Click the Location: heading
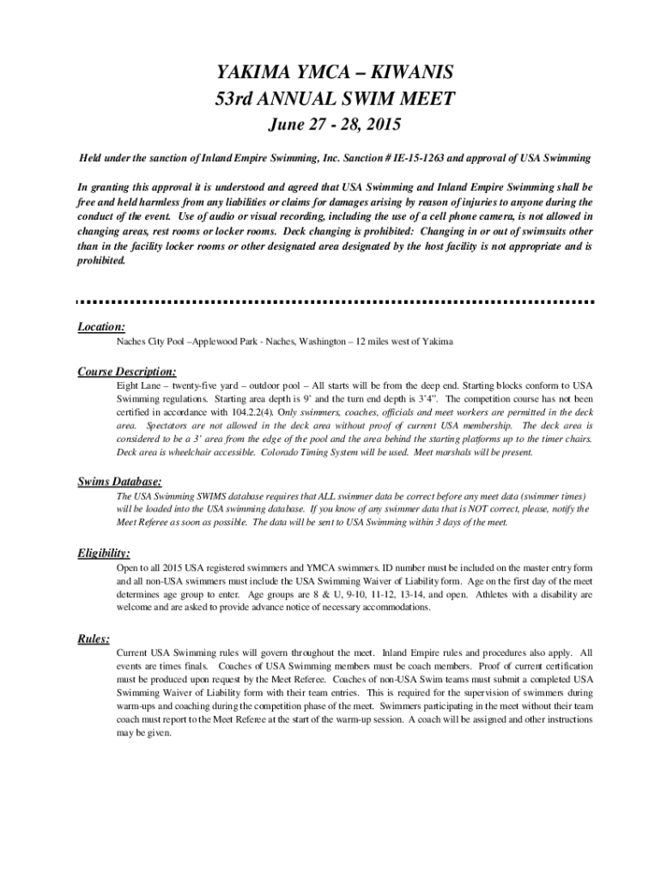click(x=101, y=326)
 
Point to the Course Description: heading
click(x=127, y=372)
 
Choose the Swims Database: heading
click(x=119, y=482)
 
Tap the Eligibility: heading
click(x=104, y=553)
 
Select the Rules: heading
click(x=94, y=639)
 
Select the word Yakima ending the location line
click(x=437, y=342)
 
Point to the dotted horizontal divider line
click(x=335, y=301)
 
